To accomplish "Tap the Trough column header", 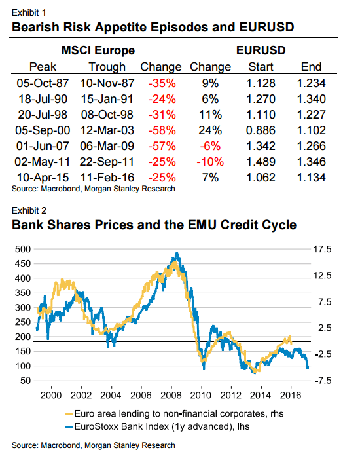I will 107,66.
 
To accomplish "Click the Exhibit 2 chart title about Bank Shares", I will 154,225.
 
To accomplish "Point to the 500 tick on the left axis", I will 23,249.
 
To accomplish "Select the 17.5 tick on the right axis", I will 323,249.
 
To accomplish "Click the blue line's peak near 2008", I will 175,254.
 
